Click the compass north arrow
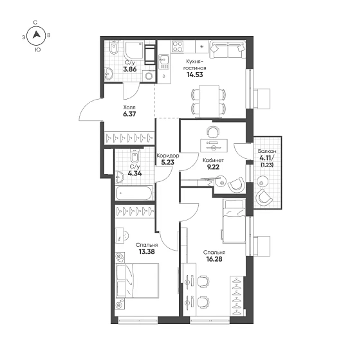[x=36, y=35]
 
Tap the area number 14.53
[x=195, y=75]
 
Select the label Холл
[x=129, y=107]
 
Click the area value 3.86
[x=130, y=69]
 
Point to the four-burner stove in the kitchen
[x=178, y=46]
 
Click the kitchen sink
[x=163, y=62]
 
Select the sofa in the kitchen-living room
[x=227, y=50]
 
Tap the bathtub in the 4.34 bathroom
[x=134, y=193]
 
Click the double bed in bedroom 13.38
[x=138, y=281]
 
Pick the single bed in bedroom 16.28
[x=234, y=221]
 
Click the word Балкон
[x=267, y=151]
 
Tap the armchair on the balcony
[x=264, y=197]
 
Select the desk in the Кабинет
[x=214, y=145]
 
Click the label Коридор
[x=168, y=156]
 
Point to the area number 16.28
[x=214, y=259]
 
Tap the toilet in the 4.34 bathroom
[x=134, y=156]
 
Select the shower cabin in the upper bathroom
[x=134, y=50]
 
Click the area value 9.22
[x=213, y=167]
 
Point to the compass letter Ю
[x=38, y=50]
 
